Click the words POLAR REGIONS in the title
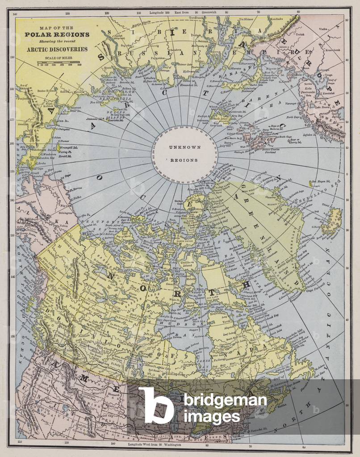(x=57, y=34)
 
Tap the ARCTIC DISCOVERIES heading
(x=57, y=49)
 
